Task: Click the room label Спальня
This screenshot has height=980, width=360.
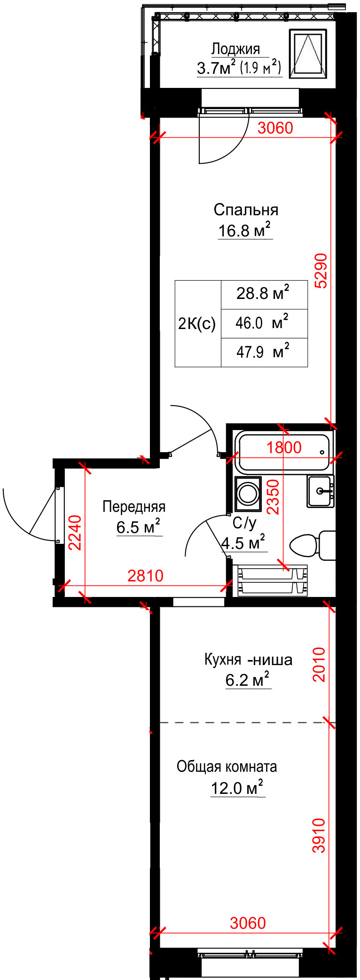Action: [x=246, y=210]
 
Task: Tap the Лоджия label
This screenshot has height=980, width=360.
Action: [x=235, y=49]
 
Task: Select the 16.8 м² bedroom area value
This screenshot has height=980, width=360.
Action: [x=245, y=230]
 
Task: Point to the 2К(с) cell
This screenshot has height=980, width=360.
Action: [x=198, y=323]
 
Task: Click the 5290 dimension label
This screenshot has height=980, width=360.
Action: [x=321, y=270]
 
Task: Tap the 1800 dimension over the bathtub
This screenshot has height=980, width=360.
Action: [x=284, y=447]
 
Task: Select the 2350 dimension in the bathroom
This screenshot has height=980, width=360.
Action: [x=273, y=496]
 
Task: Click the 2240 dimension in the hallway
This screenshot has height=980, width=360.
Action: [x=75, y=533]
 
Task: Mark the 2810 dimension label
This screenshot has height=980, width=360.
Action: [x=146, y=575]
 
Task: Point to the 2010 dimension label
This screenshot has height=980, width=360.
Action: [x=319, y=664]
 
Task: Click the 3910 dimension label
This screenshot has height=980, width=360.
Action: [x=319, y=835]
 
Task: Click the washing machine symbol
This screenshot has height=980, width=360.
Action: [x=248, y=494]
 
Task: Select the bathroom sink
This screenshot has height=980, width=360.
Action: [x=321, y=491]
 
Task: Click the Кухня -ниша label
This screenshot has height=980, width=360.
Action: [x=248, y=659]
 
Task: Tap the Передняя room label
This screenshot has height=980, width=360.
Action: [x=134, y=507]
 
